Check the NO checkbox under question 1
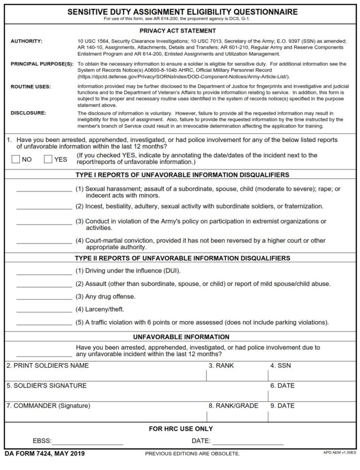pyautogui.click(x=15, y=159)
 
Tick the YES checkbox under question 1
pyautogui.click(x=48, y=159)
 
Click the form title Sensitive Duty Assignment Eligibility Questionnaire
pyautogui.click(x=182, y=12)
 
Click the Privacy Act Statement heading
pyautogui.click(x=182, y=31)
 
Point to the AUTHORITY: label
pyautogui.click(x=26, y=42)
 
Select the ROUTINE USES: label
pyautogui.click(x=30, y=87)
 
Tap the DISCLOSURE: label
pyautogui.click(x=28, y=113)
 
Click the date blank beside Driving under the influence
pyautogui.click(x=44, y=272)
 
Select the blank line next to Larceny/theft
pyautogui.click(x=44, y=311)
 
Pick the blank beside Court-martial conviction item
pyautogui.click(x=44, y=242)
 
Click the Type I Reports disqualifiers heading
pyautogui.click(x=182, y=175)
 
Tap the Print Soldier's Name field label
pyautogui.click(x=47, y=366)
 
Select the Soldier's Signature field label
pyautogui.click(x=46, y=386)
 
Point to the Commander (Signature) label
pyautogui.click(x=48, y=406)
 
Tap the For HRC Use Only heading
pyautogui.click(x=180, y=429)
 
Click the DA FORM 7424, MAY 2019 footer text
pyautogui.click(x=45, y=454)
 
